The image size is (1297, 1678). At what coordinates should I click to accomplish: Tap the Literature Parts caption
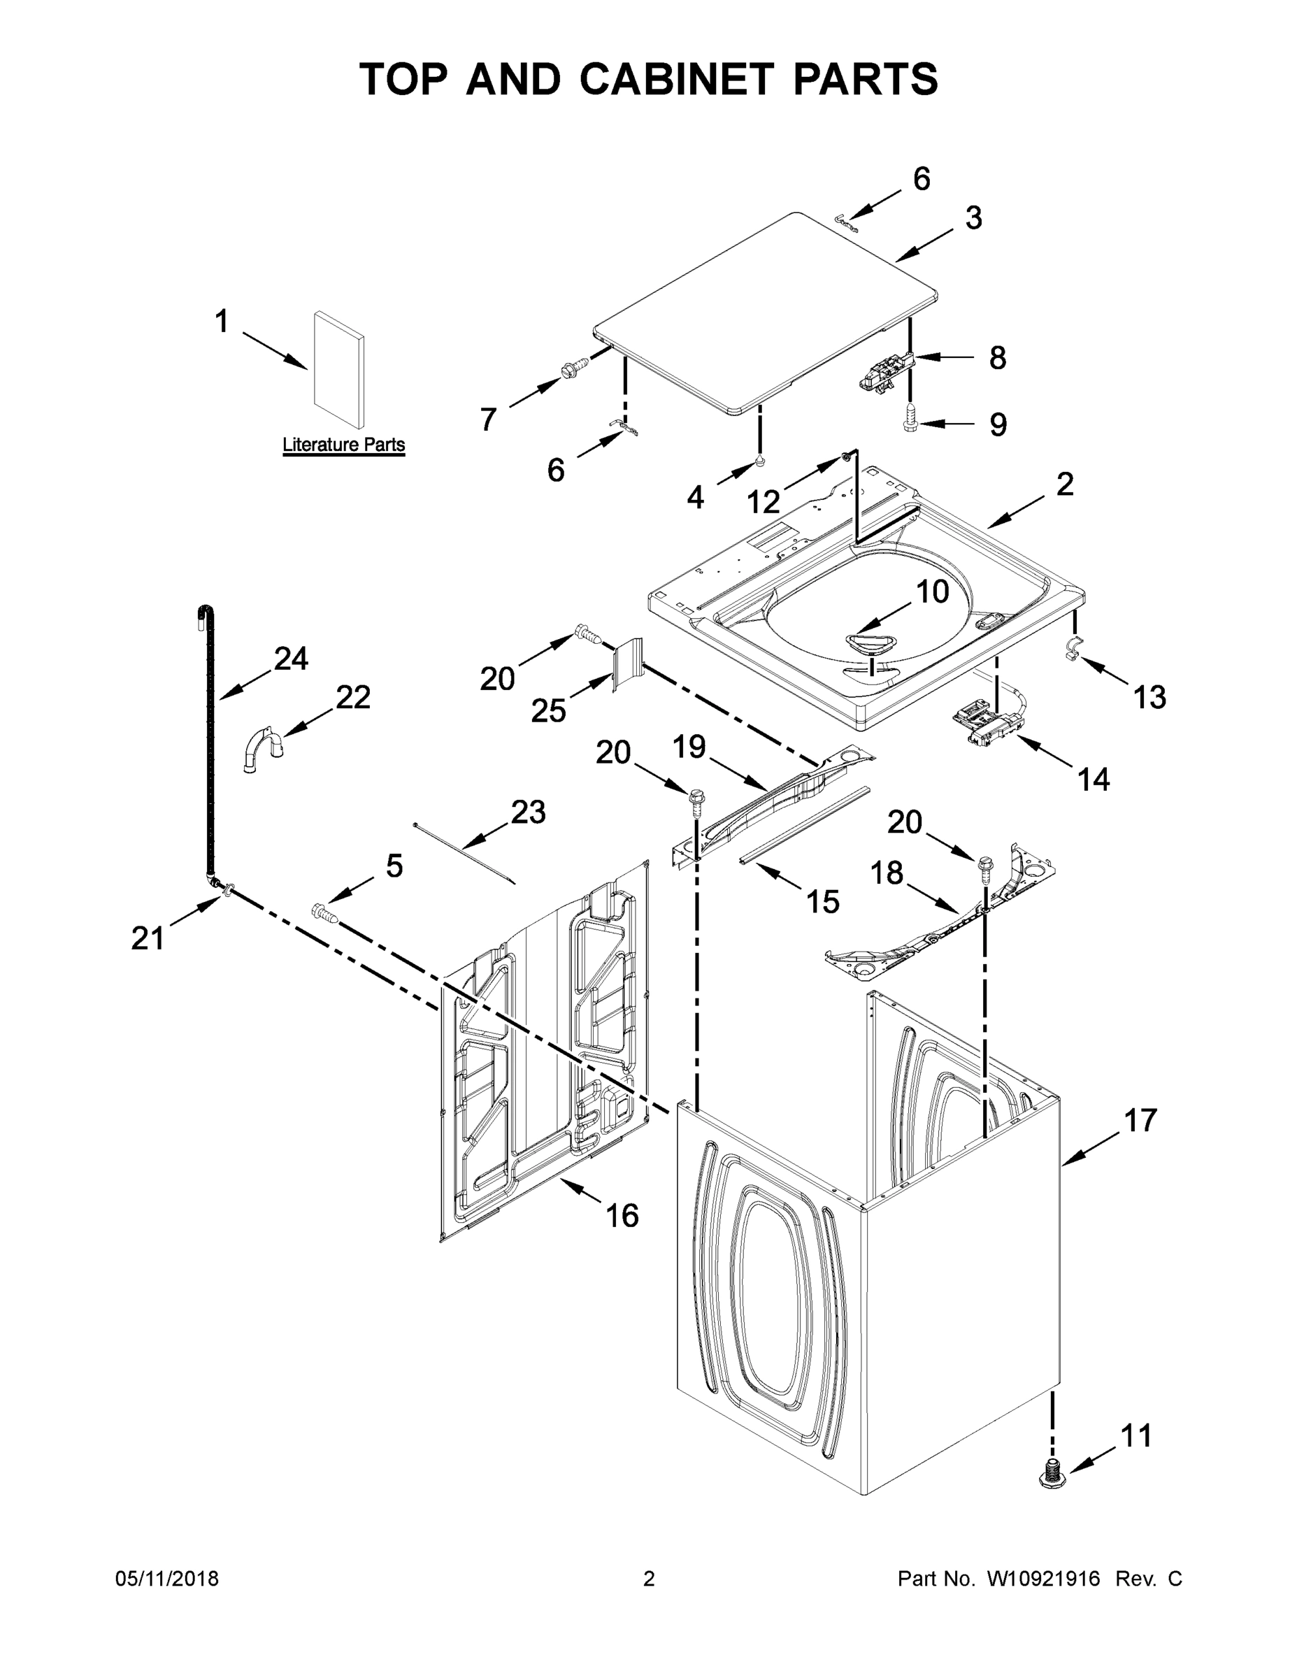pos(343,444)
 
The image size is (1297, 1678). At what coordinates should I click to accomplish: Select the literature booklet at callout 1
pos(338,370)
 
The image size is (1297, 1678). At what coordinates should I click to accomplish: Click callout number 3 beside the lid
pos(973,219)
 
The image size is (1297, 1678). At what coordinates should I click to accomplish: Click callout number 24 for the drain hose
pos(291,659)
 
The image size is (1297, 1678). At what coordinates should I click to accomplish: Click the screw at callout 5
pos(324,914)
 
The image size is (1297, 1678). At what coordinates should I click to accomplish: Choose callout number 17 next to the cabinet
pos(1140,1120)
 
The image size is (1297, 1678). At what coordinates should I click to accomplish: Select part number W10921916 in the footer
pos(1042,1579)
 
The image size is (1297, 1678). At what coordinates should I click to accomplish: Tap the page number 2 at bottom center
pos(649,1579)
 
